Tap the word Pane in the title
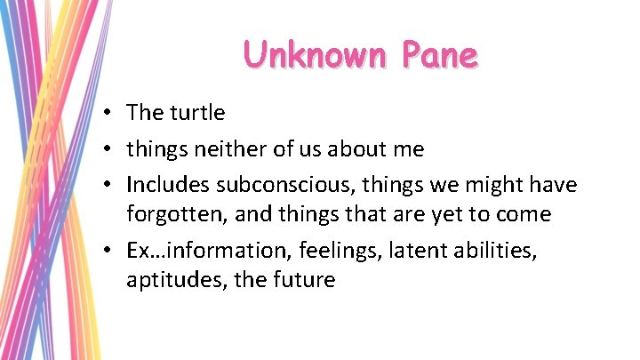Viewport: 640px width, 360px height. tap(439, 55)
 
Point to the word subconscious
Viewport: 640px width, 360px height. tap(266, 185)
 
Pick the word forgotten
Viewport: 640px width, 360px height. tap(175, 214)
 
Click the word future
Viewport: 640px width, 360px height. tap(304, 280)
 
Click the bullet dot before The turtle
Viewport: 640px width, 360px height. tap(106, 114)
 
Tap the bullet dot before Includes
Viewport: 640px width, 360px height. tap(106, 186)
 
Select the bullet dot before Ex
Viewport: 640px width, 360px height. tap(106, 252)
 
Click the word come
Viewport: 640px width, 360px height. tap(525, 214)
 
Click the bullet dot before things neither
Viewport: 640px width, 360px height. tap(106, 150)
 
